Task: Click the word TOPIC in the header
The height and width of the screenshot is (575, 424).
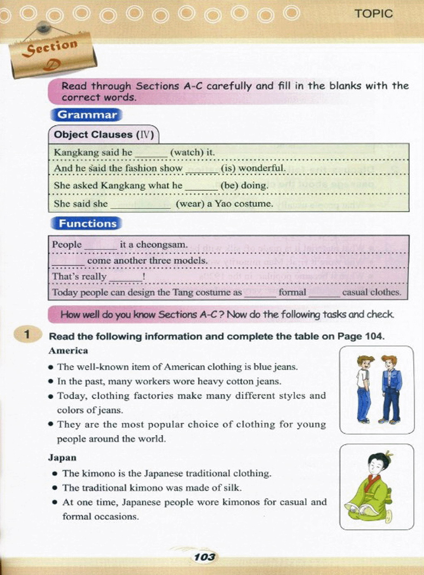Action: point(373,14)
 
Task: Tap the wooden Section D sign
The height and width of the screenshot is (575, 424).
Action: point(53,54)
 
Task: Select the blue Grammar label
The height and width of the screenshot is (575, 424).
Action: point(87,115)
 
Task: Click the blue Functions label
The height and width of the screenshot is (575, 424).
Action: point(87,223)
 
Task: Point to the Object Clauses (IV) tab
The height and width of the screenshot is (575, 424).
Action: point(104,135)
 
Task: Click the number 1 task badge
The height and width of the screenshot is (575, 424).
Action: point(27,334)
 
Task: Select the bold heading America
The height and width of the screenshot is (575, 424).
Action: point(68,351)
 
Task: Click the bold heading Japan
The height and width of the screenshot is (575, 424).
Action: point(62,458)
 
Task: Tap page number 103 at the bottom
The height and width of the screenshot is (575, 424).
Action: point(204,557)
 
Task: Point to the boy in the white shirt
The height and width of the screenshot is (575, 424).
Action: point(364,387)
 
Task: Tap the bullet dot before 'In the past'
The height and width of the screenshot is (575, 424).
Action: point(51,381)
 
